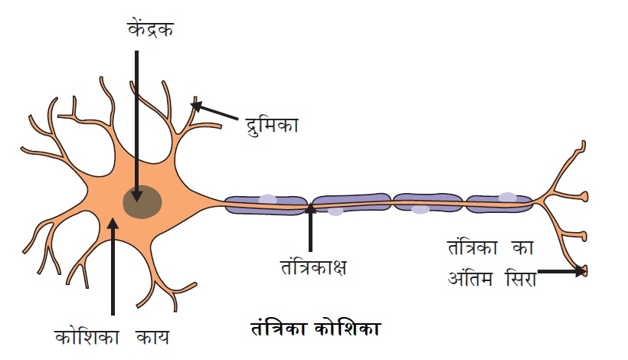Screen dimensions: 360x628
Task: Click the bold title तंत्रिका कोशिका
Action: (x=316, y=330)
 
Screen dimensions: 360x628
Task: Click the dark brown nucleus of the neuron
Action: (x=142, y=201)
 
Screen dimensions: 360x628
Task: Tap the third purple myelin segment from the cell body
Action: (x=427, y=202)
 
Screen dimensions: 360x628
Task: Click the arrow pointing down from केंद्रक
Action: (x=137, y=123)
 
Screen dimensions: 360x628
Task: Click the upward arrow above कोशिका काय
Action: (x=113, y=264)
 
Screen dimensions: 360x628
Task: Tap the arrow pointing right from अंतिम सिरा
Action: (x=562, y=270)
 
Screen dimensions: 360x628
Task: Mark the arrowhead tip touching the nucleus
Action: (x=137, y=198)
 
